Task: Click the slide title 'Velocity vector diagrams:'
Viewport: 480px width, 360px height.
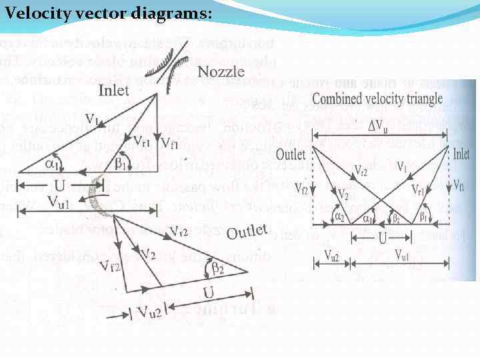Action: tap(109, 13)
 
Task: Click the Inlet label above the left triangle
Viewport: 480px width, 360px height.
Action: tap(114, 89)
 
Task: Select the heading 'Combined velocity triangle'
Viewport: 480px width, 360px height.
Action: tap(377, 100)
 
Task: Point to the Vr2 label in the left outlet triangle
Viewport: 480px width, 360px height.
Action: tap(177, 231)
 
